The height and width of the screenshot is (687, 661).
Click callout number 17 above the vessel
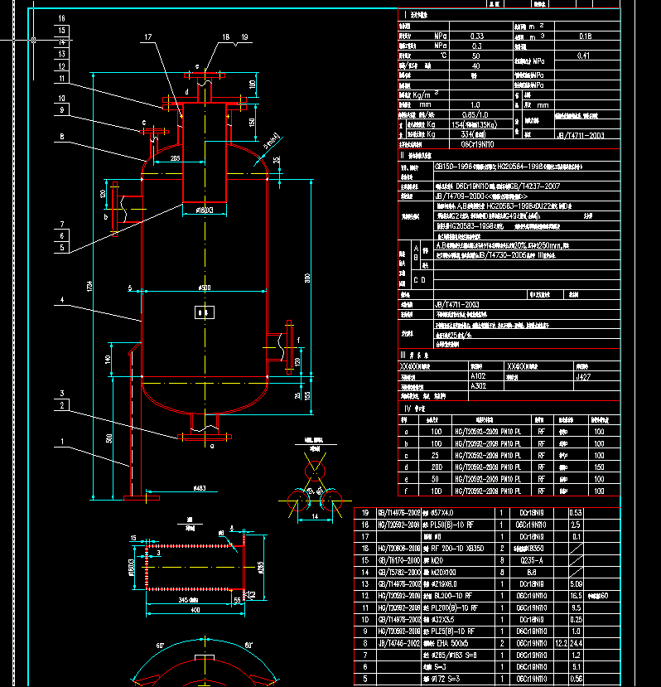[x=148, y=37]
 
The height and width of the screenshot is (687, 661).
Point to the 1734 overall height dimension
[x=89, y=286]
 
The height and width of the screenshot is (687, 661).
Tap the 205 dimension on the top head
[x=175, y=156]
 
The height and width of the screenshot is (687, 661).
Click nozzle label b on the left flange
[x=106, y=216]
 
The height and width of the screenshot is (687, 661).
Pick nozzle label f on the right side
[x=299, y=340]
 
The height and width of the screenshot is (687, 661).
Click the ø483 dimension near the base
[x=200, y=488]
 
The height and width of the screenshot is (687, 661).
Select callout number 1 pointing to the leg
[x=62, y=440]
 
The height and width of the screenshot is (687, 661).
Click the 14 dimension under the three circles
[x=315, y=515]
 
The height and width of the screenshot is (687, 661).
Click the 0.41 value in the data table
[x=585, y=56]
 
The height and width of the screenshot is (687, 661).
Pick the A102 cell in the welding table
[x=479, y=375]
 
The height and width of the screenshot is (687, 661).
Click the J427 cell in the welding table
[x=582, y=375]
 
